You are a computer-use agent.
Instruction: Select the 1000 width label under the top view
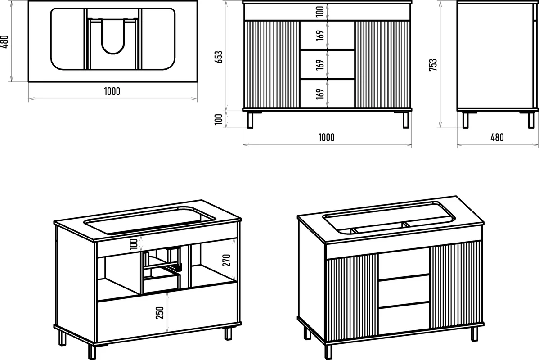[x=112, y=91]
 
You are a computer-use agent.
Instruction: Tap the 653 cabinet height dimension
[x=219, y=57]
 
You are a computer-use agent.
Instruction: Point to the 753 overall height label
[x=433, y=65]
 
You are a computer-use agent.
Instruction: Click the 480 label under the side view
[x=497, y=138]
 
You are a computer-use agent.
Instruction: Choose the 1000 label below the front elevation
[x=326, y=138]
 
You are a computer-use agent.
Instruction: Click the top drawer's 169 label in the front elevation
[x=320, y=36]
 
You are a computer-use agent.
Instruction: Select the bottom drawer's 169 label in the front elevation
[x=320, y=94]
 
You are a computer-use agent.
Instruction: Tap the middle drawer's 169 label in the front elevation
[x=320, y=65]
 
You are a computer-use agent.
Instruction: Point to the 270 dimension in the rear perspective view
[x=226, y=261]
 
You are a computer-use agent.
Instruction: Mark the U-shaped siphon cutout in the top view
[x=113, y=36]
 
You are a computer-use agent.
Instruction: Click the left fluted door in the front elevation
[x=272, y=64]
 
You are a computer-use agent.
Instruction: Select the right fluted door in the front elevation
[x=382, y=64]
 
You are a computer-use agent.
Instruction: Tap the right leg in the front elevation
[x=406, y=120]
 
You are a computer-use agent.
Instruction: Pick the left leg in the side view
[x=466, y=120]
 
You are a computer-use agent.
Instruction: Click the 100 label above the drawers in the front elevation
[x=320, y=12]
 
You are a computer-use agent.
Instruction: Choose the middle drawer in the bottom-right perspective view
[x=404, y=290]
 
